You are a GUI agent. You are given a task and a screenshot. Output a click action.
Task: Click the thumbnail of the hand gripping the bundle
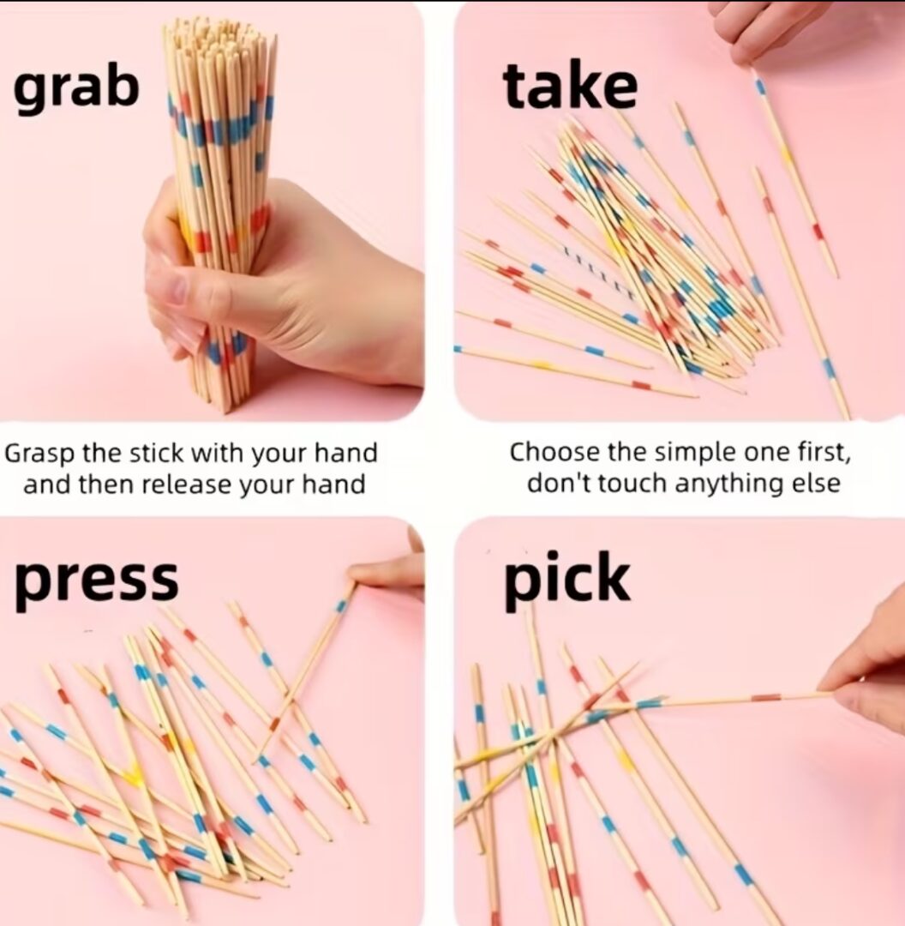[x=212, y=211]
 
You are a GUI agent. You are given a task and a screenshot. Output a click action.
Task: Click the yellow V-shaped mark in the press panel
[x=134, y=773]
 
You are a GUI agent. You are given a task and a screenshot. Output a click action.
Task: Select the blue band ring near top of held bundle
[x=220, y=126]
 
